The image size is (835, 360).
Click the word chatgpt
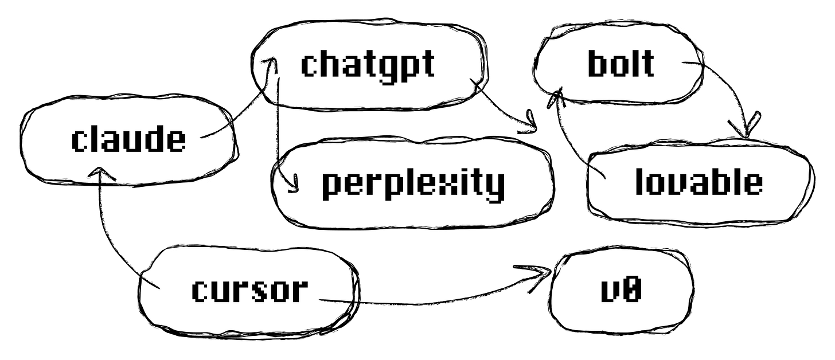click(x=368, y=64)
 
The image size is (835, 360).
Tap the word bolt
click(x=621, y=64)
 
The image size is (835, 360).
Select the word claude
click(x=128, y=140)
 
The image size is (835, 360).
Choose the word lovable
click(x=699, y=182)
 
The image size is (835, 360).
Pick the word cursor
click(x=249, y=290)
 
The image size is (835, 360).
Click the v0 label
click(x=621, y=291)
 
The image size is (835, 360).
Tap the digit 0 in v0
click(x=631, y=291)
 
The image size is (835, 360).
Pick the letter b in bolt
click(x=597, y=64)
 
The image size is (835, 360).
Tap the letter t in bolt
click(x=647, y=64)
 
